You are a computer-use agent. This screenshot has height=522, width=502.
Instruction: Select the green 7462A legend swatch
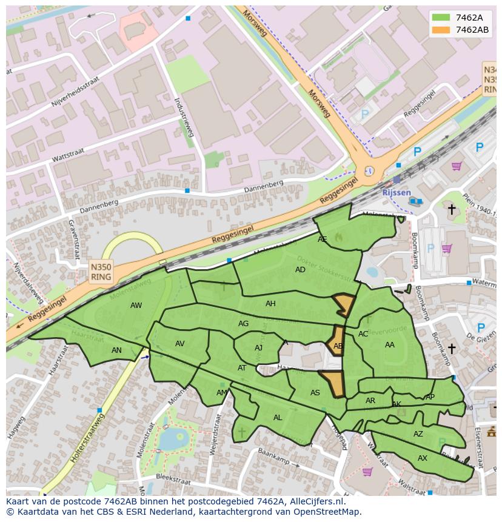441,18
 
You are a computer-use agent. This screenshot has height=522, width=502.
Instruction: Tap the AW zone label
136,306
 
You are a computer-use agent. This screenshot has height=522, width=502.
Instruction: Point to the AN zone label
116,350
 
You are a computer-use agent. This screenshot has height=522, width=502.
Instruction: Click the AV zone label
179,344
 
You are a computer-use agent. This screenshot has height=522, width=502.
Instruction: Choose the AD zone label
300,270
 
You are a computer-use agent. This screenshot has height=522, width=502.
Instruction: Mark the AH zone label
270,304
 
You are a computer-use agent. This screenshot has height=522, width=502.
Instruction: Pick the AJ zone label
258,348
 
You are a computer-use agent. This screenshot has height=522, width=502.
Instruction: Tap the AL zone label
278,418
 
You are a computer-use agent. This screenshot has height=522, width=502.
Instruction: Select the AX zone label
423,458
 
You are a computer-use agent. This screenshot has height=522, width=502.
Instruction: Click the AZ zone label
418,434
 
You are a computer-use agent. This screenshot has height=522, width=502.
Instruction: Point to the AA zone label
390,345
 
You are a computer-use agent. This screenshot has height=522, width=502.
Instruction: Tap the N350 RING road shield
101,272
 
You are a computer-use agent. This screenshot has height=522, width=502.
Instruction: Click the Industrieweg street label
184,116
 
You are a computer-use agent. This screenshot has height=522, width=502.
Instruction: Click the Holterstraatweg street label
87,438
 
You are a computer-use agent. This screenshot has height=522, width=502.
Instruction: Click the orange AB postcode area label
338,346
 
